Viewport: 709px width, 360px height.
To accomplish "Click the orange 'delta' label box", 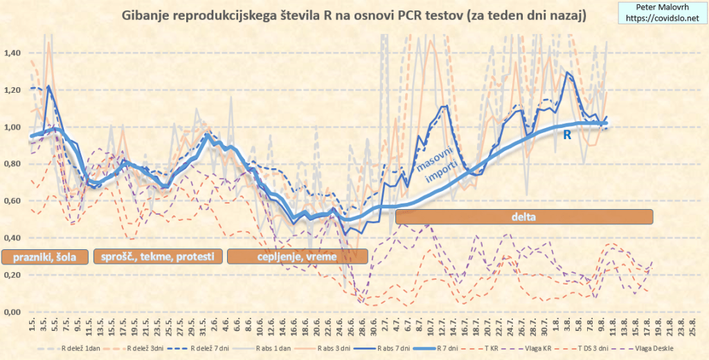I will coord(524,217).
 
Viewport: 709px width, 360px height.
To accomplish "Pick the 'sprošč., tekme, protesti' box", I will coord(158,257).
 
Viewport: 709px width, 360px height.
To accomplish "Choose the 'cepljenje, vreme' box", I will coord(297,257).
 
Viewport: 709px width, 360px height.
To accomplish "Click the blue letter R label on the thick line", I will coord(566,136).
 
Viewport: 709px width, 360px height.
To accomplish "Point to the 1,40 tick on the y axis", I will coord(15,53).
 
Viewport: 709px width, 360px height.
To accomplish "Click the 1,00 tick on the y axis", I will coord(15,127).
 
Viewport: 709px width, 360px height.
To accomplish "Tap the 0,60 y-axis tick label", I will coord(15,201).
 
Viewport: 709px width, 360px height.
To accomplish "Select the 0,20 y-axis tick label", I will coord(15,276).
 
